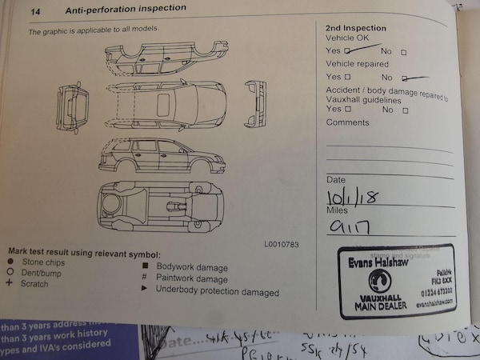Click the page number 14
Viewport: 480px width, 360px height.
point(35,10)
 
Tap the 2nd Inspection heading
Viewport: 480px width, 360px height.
point(356,27)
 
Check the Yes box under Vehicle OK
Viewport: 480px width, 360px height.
point(346,50)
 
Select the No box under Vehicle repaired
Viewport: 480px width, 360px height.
point(405,78)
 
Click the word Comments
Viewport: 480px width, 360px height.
point(347,122)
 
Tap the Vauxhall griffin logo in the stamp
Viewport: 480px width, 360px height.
point(379,281)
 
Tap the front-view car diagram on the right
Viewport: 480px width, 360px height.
point(256,104)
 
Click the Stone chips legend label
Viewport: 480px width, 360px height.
point(45,261)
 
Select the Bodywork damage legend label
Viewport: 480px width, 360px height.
point(192,267)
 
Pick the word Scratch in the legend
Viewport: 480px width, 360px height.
point(35,283)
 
